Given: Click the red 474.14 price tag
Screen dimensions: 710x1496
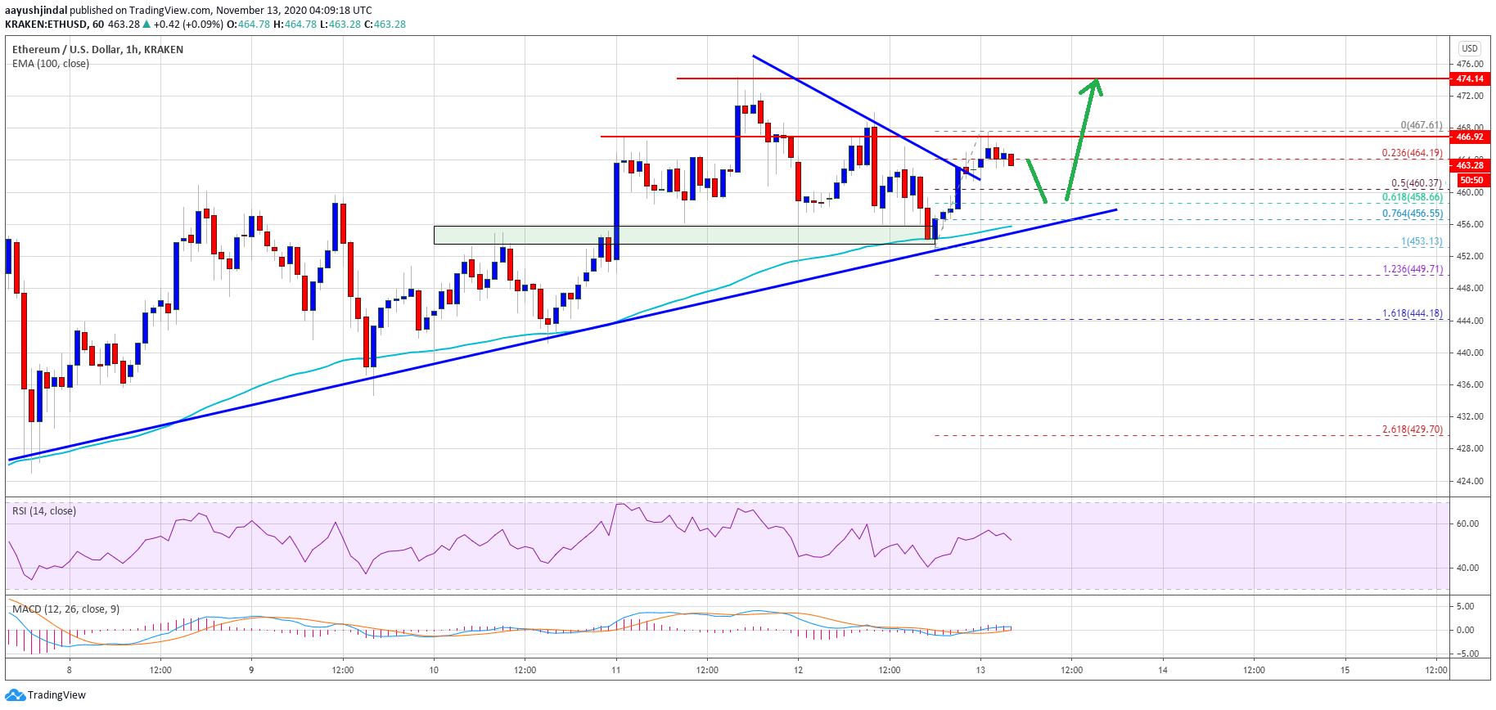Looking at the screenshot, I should (1470, 79).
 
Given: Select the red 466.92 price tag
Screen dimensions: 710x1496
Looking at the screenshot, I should (1470, 137).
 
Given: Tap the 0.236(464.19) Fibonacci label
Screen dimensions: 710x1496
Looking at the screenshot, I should (1412, 153).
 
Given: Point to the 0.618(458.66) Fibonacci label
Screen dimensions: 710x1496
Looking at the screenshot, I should (1412, 197).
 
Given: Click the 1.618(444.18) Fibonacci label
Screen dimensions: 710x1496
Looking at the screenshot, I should (1412, 313).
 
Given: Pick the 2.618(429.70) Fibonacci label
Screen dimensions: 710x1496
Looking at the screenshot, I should (1412, 429).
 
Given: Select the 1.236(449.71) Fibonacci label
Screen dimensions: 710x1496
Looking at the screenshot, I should (1412, 269).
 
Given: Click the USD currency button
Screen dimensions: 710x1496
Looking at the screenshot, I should (1470, 48).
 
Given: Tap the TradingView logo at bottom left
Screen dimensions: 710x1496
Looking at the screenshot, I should (45, 695).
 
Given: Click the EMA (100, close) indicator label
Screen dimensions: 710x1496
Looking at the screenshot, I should (51, 64).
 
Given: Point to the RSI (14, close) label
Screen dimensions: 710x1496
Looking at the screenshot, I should (44, 511).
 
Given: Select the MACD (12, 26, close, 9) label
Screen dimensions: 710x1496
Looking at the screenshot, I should (65, 609).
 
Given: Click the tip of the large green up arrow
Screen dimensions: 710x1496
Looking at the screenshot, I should (1096, 80).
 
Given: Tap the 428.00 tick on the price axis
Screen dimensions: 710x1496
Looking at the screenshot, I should (1470, 448).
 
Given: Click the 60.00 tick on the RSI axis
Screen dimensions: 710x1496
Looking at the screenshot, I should (1466, 524).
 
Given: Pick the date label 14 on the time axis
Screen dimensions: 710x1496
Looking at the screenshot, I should (1163, 670).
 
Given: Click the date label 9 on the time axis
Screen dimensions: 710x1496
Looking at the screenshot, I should (251, 670).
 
